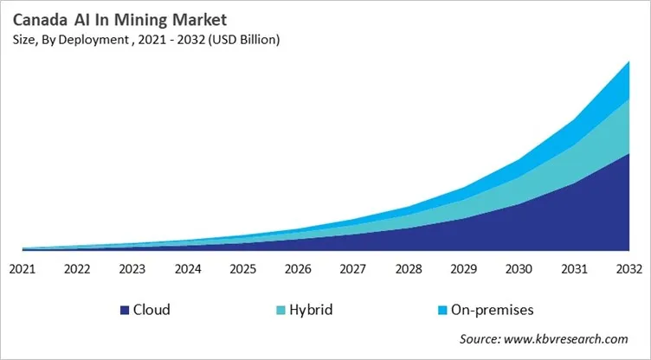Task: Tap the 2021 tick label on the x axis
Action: coord(23,268)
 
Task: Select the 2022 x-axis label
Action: coord(78,268)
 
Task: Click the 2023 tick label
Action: coord(132,268)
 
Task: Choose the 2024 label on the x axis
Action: coord(188,268)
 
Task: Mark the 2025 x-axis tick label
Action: coord(243,268)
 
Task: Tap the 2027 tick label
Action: coord(353,268)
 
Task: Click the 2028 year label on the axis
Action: coord(409,268)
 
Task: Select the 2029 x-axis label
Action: coord(464,268)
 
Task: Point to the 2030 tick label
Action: coord(519,268)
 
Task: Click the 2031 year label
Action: coord(574,268)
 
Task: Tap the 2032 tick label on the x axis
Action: coord(628,268)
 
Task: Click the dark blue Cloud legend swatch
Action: coord(125,310)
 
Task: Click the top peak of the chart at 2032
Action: coord(628,61)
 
